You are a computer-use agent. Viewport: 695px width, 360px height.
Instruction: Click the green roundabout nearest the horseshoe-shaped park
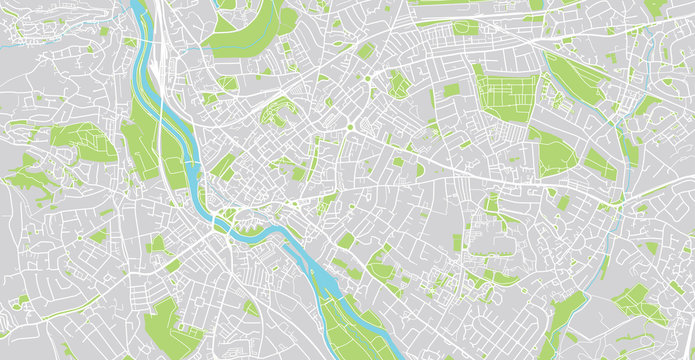click(x=351, y=128)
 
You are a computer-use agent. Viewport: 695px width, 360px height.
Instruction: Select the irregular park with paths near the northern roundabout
click(x=398, y=85)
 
